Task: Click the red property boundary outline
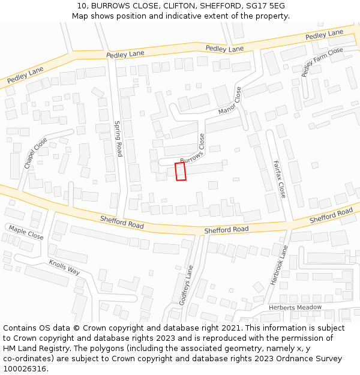(180, 171)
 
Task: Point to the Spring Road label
(118, 139)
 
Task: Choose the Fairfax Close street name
(278, 179)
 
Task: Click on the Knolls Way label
(65, 268)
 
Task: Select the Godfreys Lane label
(184, 284)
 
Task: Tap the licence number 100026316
(25, 369)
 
